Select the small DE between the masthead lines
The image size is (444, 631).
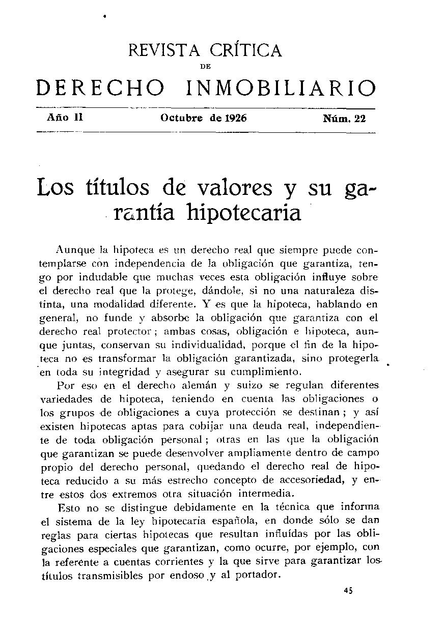[206, 66]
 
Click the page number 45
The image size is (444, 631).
[348, 591]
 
